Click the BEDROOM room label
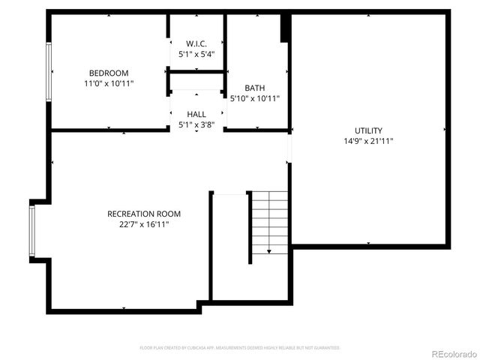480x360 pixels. click(x=109, y=73)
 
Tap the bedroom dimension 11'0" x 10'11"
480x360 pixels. click(x=109, y=83)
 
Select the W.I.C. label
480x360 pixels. click(x=196, y=43)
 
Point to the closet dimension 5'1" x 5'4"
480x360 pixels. click(x=196, y=53)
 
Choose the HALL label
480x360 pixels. click(x=196, y=114)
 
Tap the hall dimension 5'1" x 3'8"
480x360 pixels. click(x=196, y=124)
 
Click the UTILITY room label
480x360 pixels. click(x=368, y=130)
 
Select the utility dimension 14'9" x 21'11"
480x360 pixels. click(x=368, y=140)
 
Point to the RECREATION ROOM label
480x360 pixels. click(x=144, y=214)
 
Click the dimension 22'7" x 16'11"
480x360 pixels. click(x=144, y=224)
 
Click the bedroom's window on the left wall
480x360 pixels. click(x=49, y=71)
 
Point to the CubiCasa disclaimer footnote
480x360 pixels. click(x=240, y=348)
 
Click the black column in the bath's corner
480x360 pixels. click(x=285, y=28)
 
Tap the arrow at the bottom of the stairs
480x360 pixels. click(x=269, y=252)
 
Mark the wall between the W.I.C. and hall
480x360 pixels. click(x=196, y=72)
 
